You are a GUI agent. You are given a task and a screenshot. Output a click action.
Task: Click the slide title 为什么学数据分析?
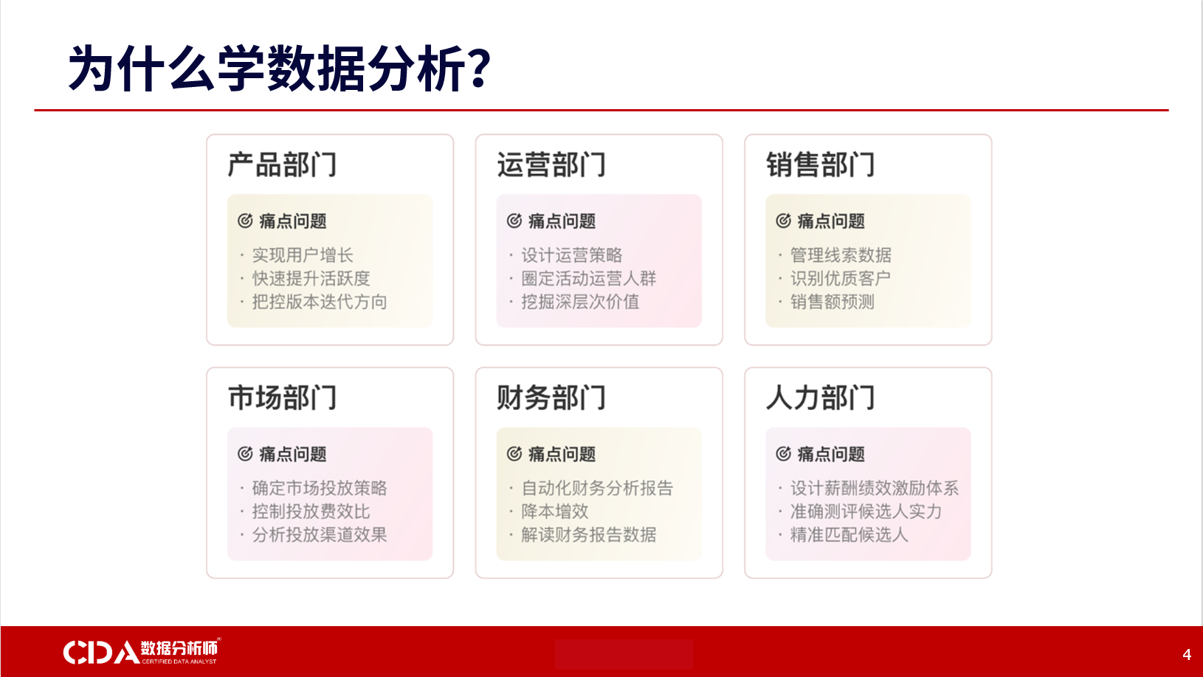point(279,68)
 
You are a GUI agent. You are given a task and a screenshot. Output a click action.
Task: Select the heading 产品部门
point(283,164)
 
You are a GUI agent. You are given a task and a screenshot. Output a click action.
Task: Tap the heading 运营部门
point(551,164)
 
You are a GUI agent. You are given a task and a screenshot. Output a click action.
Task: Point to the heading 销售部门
point(821,164)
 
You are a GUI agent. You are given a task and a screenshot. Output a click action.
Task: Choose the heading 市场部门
point(283,397)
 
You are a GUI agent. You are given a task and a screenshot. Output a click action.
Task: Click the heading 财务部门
point(551,397)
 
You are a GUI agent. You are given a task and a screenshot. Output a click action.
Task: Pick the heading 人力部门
point(821,397)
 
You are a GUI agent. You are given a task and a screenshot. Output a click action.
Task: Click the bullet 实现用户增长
point(303,255)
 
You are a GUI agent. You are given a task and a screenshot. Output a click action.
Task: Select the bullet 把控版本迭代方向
point(320,302)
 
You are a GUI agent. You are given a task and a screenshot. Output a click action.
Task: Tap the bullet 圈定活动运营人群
point(589,279)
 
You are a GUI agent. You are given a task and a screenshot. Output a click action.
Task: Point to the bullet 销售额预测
point(833,302)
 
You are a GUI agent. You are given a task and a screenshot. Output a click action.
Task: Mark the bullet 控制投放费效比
point(311,511)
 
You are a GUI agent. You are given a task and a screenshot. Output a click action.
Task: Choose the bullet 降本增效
point(555,511)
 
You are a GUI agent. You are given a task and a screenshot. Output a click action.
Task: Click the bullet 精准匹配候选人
point(849,535)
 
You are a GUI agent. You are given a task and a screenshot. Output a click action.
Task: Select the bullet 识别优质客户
point(841,279)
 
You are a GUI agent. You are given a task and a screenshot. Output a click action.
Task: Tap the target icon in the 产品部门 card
point(246,221)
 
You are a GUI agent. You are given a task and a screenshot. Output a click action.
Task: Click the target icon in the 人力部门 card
point(784,454)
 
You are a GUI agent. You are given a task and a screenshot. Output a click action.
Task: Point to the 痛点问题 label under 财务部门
point(562,454)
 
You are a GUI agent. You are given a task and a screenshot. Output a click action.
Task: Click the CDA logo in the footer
point(142,651)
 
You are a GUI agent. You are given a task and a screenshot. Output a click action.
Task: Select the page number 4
point(1187,654)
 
